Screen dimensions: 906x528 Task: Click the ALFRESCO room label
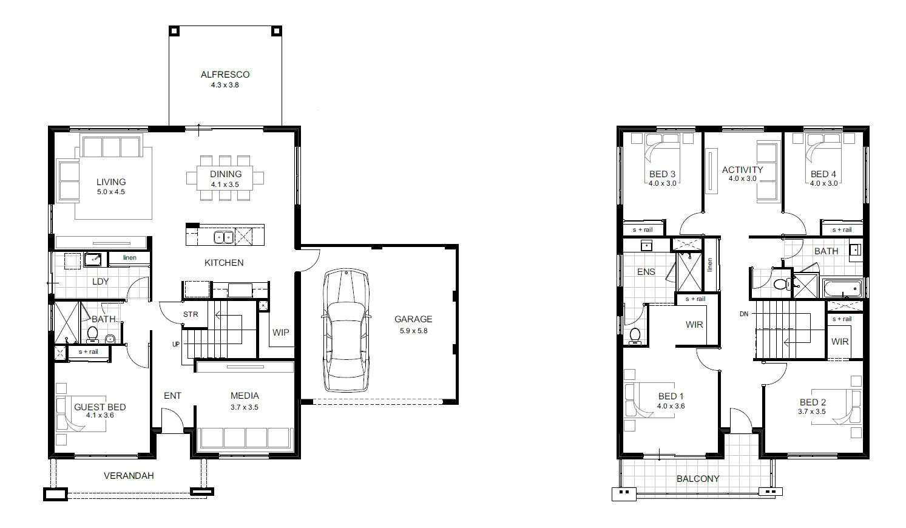tap(225, 75)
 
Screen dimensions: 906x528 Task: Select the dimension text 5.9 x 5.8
tap(413, 331)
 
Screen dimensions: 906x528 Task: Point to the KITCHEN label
tap(224, 263)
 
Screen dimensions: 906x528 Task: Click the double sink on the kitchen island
tap(224, 237)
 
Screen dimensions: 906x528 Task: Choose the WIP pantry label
tap(281, 332)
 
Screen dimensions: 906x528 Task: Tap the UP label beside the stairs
tap(176, 344)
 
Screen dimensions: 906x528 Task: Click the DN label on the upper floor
tap(744, 314)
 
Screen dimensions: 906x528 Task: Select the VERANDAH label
tap(129, 475)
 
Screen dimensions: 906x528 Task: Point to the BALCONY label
tap(698, 479)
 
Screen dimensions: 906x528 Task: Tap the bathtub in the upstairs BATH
tap(842, 288)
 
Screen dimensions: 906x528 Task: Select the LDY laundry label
tap(100, 281)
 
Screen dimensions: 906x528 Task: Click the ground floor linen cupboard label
tap(130, 257)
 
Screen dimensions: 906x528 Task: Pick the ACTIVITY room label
tap(743, 169)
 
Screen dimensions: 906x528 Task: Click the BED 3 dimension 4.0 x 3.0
tap(663, 183)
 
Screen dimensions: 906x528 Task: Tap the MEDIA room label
tap(245, 395)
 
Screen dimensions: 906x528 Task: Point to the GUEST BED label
tap(100, 407)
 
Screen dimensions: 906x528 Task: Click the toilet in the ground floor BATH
tap(93, 335)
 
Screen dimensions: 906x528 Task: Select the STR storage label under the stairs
tap(191, 314)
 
